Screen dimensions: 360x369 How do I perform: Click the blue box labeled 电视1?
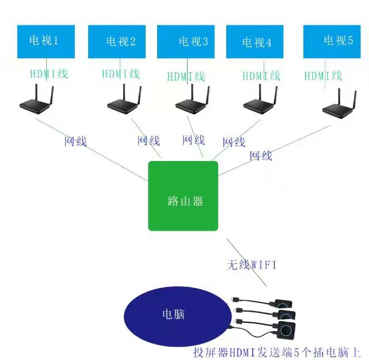click(x=44, y=41)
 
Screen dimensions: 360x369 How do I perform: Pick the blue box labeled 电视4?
click(x=255, y=42)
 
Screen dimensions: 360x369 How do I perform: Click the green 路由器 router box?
click(x=183, y=196)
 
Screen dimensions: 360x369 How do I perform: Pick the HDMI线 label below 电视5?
click(x=323, y=76)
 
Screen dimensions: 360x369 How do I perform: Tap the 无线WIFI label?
click(x=252, y=265)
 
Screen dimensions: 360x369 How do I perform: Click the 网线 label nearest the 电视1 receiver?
click(x=75, y=141)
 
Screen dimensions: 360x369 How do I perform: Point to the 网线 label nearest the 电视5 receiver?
click(x=261, y=155)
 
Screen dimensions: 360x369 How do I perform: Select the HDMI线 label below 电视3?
click(x=186, y=76)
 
